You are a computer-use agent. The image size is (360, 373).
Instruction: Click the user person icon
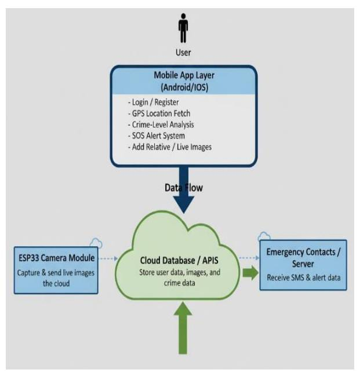(x=183, y=28)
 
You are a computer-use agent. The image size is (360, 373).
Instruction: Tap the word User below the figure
(x=183, y=53)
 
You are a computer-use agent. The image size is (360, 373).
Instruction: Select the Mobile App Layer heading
(x=183, y=75)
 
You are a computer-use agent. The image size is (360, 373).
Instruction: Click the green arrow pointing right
(x=250, y=271)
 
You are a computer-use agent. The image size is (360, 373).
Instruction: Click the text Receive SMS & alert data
(x=303, y=277)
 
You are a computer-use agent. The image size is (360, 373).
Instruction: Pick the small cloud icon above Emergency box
(x=264, y=236)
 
